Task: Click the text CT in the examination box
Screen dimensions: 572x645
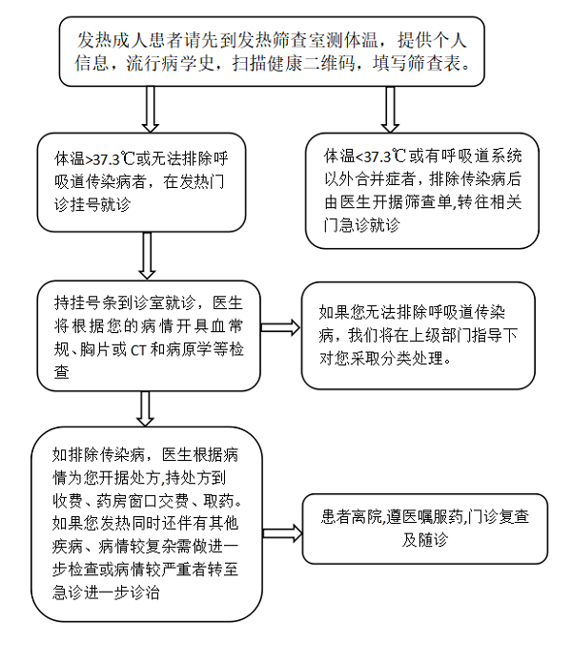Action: pos(138,350)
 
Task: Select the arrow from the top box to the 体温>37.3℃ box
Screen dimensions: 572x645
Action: pos(151,109)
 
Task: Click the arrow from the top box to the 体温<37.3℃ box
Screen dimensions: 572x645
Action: pos(390,109)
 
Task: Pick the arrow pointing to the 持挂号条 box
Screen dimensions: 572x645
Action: pos(147,256)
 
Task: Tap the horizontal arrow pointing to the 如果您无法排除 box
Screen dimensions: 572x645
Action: pos(280,327)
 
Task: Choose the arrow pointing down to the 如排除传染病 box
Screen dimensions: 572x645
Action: pos(145,408)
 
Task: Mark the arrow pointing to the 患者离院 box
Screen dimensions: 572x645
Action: pos(283,533)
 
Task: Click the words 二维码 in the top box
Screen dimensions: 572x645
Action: pos(331,64)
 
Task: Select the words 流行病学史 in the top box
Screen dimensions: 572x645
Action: pos(170,64)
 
